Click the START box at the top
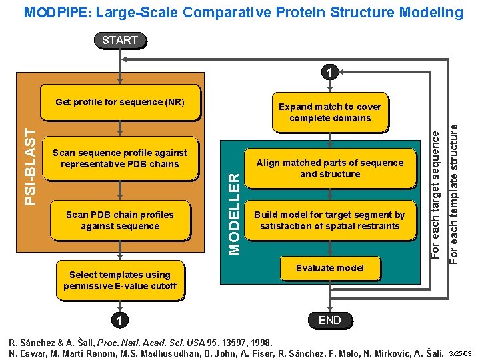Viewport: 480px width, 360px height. point(120,40)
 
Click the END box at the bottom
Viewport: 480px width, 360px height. point(329,320)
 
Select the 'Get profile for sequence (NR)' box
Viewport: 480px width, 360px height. point(120,102)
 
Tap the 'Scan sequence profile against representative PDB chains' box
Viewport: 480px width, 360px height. point(120,159)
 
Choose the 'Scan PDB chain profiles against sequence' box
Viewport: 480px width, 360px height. point(120,221)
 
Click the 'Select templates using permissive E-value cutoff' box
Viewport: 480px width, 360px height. point(120,280)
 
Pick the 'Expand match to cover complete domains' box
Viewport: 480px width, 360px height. point(329,112)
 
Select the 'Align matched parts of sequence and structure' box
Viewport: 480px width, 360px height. point(329,168)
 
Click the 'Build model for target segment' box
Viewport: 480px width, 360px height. point(329,221)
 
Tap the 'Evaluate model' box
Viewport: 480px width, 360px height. point(329,268)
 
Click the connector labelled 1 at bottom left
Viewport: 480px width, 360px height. point(120,320)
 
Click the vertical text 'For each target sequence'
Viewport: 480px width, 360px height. point(435,193)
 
